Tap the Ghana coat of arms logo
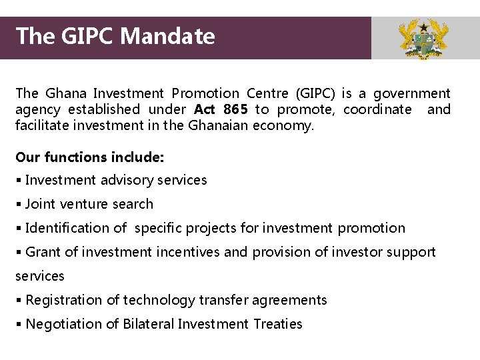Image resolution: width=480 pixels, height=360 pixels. pyautogui.click(x=423, y=39)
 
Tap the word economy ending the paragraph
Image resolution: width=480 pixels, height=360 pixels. pyautogui.click(x=283, y=125)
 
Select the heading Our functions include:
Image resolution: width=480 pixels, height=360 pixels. pyautogui.click(x=89, y=157)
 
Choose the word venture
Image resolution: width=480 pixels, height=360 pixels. pyautogui.click(x=81, y=204)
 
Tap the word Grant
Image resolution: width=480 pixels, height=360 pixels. pyautogui.click(x=43, y=252)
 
